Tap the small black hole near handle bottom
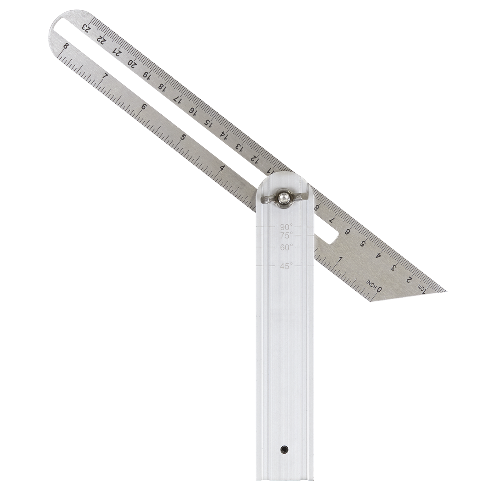(283, 450)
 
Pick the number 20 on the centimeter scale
(132, 64)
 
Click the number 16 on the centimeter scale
(193, 111)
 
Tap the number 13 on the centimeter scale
(238, 146)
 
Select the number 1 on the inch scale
(340, 259)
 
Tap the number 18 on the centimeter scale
(163, 87)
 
